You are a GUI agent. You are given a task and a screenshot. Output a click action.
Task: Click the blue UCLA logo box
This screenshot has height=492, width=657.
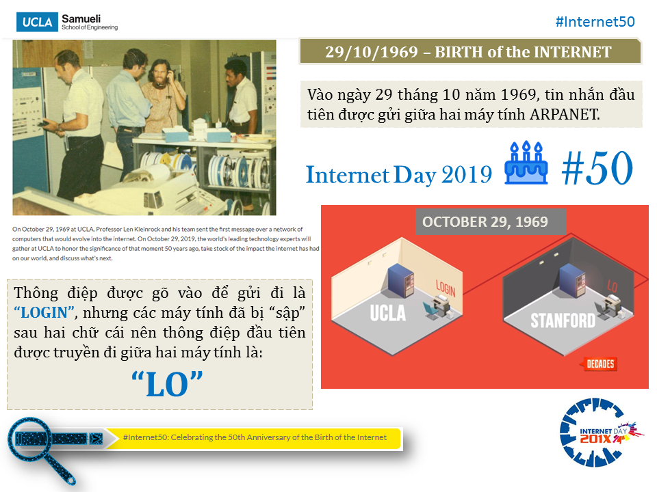click(x=37, y=22)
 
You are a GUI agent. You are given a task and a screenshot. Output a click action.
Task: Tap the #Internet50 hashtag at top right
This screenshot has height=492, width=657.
click(x=595, y=22)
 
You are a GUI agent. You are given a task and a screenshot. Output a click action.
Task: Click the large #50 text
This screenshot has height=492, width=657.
click(x=597, y=168)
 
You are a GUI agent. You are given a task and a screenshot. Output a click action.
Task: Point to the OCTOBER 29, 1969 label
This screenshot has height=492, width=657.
click(x=485, y=221)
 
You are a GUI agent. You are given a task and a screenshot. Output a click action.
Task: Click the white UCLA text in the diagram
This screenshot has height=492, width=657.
click(x=388, y=313)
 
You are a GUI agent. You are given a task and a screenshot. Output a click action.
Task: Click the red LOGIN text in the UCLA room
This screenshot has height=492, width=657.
click(x=446, y=288)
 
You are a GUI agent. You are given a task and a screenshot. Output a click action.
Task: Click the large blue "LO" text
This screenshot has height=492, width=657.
click(x=167, y=385)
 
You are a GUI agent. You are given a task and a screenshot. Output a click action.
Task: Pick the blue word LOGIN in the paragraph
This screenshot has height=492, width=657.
click(x=44, y=312)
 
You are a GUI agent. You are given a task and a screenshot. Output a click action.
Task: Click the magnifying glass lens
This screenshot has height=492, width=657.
click(x=30, y=439)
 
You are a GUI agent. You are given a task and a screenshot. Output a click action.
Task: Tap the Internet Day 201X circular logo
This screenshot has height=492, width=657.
click(x=600, y=432)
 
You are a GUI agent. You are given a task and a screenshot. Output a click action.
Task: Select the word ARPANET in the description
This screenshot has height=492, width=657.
click(x=565, y=114)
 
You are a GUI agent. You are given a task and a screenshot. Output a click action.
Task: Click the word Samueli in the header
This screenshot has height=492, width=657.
click(x=81, y=19)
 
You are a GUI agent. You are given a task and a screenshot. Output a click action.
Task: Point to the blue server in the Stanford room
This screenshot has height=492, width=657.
click(x=572, y=279)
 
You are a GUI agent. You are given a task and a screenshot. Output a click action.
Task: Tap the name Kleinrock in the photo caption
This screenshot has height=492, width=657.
click(x=148, y=230)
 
